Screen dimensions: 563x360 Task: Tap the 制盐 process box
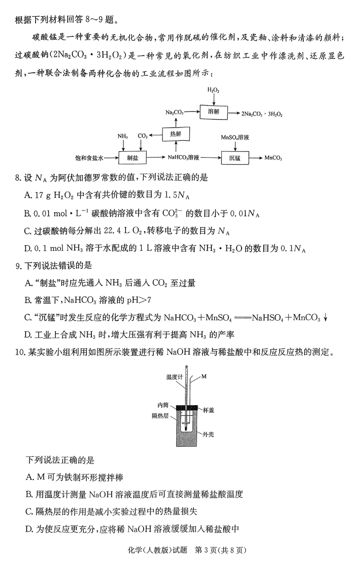pos(132,158)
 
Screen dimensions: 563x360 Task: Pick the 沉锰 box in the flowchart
pos(235,158)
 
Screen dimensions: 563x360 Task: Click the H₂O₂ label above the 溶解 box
pos(213,90)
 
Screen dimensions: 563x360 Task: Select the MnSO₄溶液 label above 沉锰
pos(235,137)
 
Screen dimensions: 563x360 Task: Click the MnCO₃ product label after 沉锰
pos(273,158)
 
